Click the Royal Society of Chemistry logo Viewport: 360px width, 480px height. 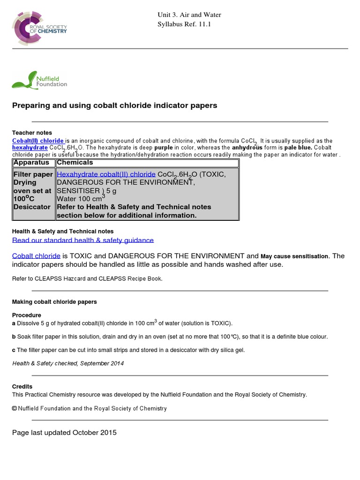(40, 28)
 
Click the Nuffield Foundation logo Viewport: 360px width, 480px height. (40, 80)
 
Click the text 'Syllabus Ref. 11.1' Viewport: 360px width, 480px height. (184, 24)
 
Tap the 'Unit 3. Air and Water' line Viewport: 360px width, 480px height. (189, 15)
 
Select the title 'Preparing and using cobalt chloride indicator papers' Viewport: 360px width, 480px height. (114, 105)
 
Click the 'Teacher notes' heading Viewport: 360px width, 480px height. (32, 133)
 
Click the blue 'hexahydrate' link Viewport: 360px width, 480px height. (30, 147)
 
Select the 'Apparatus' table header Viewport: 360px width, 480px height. (31, 163)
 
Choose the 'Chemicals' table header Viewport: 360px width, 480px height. (75, 163)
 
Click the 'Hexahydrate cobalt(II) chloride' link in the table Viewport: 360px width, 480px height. (106, 174)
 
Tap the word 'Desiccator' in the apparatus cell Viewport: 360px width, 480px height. (32, 207)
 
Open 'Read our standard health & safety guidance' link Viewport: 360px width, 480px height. (83, 240)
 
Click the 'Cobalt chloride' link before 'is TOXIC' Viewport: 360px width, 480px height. (36, 256)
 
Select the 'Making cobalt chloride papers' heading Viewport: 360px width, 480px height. (54, 302)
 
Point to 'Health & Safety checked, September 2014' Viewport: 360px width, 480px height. (68, 363)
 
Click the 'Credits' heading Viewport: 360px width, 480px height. (22, 387)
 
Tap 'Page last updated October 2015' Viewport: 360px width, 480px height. (64, 433)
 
